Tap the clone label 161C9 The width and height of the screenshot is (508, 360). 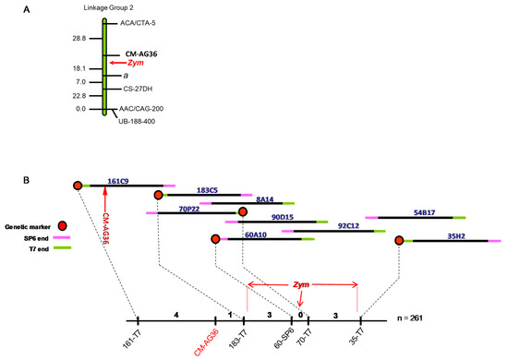coord(118,181)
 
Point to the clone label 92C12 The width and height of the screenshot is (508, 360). coord(349,224)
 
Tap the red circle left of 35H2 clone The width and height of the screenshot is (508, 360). coord(399,240)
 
